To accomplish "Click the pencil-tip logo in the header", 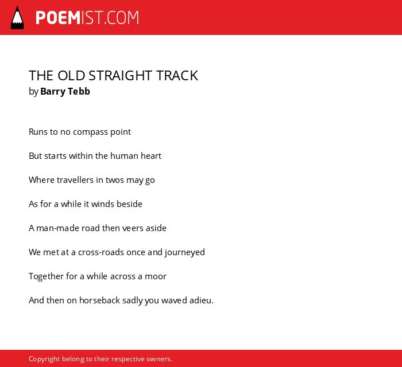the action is pos(17,18).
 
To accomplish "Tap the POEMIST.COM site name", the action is pos(87,18).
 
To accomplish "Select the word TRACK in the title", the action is pos(177,76).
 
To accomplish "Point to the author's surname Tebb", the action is pos(79,91).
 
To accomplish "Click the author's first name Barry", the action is pos(53,92).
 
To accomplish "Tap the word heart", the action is pos(151,155).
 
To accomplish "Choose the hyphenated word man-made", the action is pos(57,228).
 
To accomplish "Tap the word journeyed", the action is pos(185,252).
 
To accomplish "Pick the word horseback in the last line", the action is pos(99,300).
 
